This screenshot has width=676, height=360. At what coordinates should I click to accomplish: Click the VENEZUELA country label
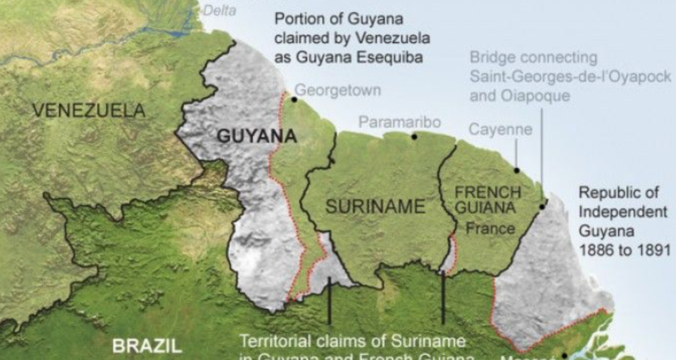(89, 110)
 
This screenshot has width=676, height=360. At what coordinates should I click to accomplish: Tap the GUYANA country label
(256, 136)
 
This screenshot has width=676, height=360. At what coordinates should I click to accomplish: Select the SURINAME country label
(375, 206)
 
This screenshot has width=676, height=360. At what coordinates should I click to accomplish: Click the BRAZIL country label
(146, 346)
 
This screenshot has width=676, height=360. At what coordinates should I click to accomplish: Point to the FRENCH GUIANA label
(487, 200)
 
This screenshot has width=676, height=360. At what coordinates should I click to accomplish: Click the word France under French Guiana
(490, 229)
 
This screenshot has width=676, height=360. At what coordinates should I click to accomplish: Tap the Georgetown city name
(337, 91)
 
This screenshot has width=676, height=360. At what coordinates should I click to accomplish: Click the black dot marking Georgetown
(294, 100)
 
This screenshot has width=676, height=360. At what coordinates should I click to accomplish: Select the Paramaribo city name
(400, 122)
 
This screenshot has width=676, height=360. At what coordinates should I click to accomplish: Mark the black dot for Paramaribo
(414, 136)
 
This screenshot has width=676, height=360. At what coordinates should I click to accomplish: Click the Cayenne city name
(500, 130)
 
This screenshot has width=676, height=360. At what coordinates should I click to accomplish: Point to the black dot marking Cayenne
(516, 170)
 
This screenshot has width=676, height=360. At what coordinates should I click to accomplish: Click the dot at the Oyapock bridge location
(542, 206)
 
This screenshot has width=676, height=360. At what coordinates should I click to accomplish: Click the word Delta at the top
(220, 10)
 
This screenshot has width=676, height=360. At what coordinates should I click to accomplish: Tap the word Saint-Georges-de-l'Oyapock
(570, 77)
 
